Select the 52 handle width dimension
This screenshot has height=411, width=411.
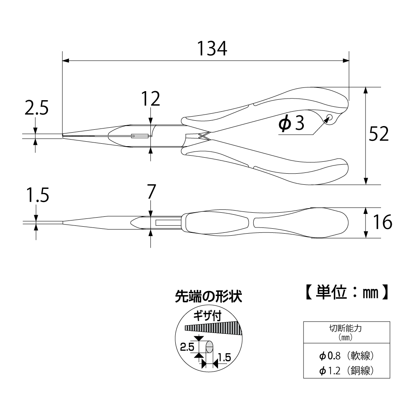pos(379,134)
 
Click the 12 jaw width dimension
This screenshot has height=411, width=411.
pos(150,99)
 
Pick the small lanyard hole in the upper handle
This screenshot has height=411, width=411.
pos(329,118)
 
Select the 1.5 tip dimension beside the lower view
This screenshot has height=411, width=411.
pos(37,195)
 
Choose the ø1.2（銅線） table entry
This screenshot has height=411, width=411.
pos(346,371)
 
